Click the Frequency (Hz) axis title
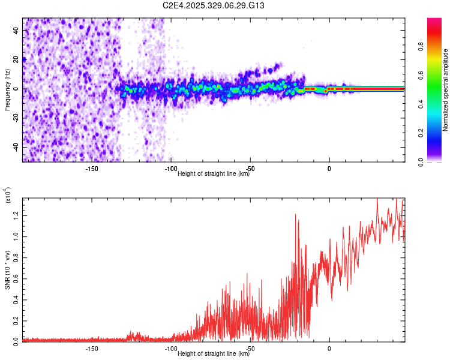(x=7, y=89)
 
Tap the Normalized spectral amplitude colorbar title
(x=446, y=90)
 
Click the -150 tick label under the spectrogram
(x=92, y=169)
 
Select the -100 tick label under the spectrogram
(x=170, y=169)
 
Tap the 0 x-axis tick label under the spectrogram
(x=329, y=169)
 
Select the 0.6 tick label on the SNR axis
(x=16, y=278)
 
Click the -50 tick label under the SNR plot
(x=250, y=349)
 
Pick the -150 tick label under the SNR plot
(x=92, y=349)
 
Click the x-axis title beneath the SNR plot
(x=214, y=354)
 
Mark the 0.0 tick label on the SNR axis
(x=16, y=340)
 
